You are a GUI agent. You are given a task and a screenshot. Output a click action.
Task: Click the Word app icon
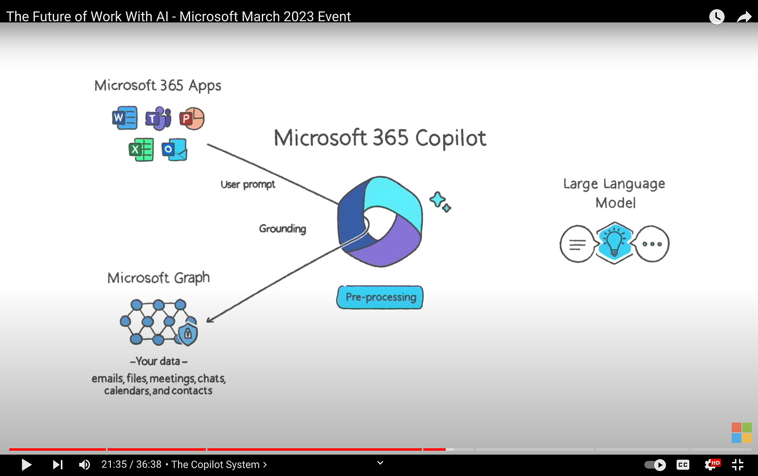124,118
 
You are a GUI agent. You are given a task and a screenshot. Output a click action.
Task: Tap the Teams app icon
158,118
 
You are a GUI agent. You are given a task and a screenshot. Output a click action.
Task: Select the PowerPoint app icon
192,119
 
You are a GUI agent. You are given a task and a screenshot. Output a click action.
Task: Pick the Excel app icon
141,150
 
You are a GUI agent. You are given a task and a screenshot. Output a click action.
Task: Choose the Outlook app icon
174,150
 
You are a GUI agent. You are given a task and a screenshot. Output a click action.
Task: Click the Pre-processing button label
380,297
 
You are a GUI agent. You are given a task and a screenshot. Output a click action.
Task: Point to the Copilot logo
380,222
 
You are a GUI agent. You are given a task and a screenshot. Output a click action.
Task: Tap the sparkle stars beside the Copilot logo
440,201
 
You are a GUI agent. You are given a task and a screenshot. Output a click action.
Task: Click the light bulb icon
614,243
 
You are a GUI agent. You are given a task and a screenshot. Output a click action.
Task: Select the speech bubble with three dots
652,243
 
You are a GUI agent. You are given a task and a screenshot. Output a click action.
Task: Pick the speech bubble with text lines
577,244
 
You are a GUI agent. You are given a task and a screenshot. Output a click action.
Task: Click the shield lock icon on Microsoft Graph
188,334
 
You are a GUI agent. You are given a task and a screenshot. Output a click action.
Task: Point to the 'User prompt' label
248,185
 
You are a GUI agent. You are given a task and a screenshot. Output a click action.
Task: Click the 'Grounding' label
283,228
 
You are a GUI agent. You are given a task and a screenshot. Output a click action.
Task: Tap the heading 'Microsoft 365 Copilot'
380,138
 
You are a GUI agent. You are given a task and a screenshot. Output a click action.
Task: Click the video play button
26,465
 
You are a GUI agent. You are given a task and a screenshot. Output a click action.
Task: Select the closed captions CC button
683,465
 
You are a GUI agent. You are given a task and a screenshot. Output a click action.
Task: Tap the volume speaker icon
84,465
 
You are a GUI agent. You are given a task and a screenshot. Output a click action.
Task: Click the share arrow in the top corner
744,17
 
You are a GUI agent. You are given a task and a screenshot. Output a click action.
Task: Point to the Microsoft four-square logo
741,433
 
